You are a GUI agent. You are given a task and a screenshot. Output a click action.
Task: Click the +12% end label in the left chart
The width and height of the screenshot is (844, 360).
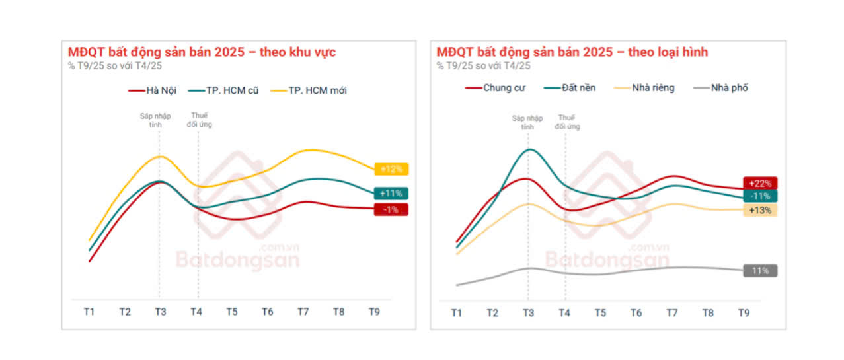pyautogui.click(x=391, y=169)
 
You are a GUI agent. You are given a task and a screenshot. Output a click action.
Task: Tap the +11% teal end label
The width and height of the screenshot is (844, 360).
pyautogui.click(x=391, y=194)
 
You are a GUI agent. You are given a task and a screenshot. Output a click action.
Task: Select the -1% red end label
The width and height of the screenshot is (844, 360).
pyautogui.click(x=391, y=209)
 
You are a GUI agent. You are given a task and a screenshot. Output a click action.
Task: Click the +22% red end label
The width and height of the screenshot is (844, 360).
pyautogui.click(x=760, y=183)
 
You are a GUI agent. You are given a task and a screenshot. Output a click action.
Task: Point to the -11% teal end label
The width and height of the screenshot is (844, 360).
pyautogui.click(x=760, y=196)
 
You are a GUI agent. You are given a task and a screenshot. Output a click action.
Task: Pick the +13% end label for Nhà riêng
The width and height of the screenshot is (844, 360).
pyautogui.click(x=760, y=210)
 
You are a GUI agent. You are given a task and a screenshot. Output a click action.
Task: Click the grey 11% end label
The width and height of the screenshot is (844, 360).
pyautogui.click(x=760, y=270)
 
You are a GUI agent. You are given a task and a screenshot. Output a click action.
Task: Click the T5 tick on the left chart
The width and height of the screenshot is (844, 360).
pyautogui.click(x=231, y=312)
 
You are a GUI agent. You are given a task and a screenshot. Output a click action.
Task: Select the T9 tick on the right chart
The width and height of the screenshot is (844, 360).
pyautogui.click(x=744, y=312)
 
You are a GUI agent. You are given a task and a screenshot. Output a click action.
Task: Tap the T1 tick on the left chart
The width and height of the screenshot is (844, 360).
pyautogui.click(x=89, y=312)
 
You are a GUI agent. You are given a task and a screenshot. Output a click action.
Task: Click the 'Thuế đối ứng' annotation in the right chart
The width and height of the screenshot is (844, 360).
pyautogui.click(x=567, y=122)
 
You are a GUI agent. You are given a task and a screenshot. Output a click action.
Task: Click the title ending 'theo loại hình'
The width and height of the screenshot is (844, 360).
pyautogui.click(x=572, y=52)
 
